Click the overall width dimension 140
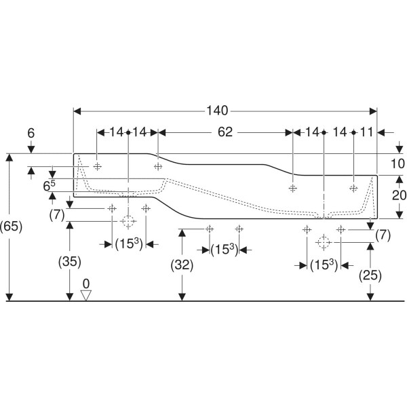tap(217, 111)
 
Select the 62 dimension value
tap(225, 132)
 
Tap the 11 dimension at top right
tap(366, 132)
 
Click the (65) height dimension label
tap(11, 227)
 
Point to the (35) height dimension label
tap(70, 262)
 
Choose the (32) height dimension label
tap(182, 265)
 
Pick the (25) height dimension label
tap(370, 275)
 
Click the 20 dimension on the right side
tap(399, 195)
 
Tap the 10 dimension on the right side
tap(398, 163)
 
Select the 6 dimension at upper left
tap(31, 133)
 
